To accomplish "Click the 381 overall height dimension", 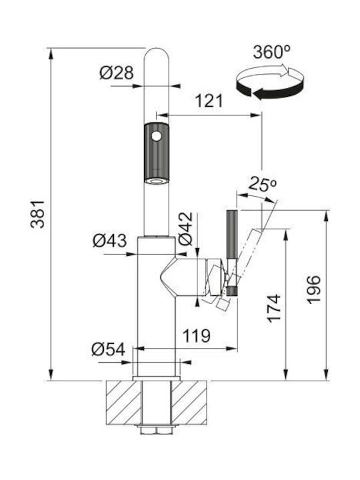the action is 38,214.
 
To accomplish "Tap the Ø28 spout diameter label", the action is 117,73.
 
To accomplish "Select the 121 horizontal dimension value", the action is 209,101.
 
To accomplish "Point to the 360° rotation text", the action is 271,52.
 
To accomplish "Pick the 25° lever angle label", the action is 263,184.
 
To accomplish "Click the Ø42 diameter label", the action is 185,229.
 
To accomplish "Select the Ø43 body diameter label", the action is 109,241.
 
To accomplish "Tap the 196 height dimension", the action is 313,289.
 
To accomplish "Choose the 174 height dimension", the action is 274,308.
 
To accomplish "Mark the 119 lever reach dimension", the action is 197,336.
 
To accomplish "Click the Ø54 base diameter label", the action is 109,349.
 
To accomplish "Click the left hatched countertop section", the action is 124,403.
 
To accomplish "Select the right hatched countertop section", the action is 189,403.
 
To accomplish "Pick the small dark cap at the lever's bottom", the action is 232,291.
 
